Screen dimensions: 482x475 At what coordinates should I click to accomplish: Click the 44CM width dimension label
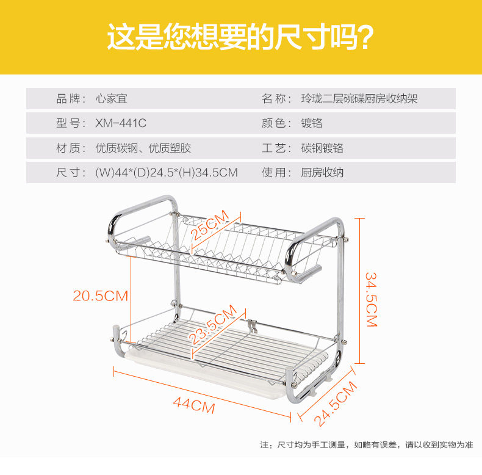coord(193,405)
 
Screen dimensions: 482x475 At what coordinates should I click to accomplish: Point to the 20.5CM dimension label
coord(101,296)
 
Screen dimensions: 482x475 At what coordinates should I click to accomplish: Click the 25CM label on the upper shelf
coord(209,224)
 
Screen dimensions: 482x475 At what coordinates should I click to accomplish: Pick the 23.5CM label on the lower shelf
coord(212,326)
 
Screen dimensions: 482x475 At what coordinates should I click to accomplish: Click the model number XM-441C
coord(121,123)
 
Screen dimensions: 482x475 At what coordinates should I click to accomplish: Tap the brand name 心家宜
coord(112,99)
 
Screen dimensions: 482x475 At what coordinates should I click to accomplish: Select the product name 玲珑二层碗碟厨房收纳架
coord(359,99)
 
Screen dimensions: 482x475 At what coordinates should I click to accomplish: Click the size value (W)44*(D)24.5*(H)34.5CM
coord(166,173)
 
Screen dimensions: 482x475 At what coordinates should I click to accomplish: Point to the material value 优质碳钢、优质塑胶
coord(143,148)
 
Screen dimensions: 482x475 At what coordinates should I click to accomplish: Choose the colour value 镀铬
coord(312,123)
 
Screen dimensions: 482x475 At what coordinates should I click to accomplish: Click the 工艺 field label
coord(276,148)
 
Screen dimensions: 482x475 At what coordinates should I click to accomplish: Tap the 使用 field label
coord(276,173)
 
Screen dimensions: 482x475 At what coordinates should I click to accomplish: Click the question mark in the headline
coord(364,38)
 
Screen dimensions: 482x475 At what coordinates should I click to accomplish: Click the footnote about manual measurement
coord(367,444)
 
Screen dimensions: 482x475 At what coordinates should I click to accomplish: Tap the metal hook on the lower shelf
coord(251,325)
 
